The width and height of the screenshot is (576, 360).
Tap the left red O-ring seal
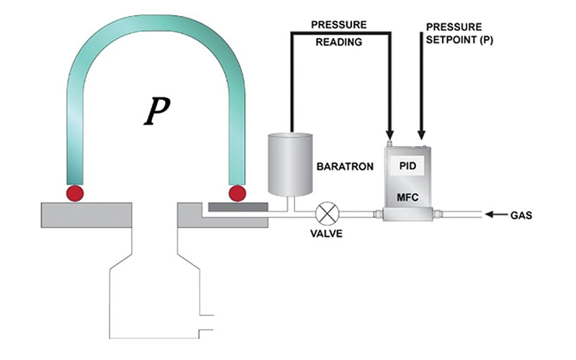(x=75, y=193)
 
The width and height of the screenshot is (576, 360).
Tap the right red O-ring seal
(x=237, y=193)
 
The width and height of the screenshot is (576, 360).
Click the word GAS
(x=521, y=215)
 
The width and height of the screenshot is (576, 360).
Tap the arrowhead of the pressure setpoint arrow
(x=422, y=133)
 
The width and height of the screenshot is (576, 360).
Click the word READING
(x=341, y=41)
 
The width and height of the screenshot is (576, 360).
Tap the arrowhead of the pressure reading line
(x=390, y=133)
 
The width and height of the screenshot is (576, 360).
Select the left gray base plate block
(x=86, y=214)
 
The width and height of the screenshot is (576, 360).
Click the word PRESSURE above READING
(x=341, y=24)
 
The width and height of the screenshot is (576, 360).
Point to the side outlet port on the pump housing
(x=207, y=323)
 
